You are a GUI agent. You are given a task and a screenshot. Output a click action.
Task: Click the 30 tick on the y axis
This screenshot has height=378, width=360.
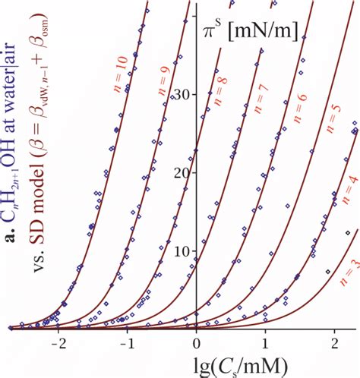[x=182, y=93]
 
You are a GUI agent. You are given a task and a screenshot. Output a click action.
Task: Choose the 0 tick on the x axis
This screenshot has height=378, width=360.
[x=197, y=343]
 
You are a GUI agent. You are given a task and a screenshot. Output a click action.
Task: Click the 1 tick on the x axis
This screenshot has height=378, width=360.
[x=266, y=343]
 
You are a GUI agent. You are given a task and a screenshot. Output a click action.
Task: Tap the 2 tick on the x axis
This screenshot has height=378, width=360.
[x=336, y=343]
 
